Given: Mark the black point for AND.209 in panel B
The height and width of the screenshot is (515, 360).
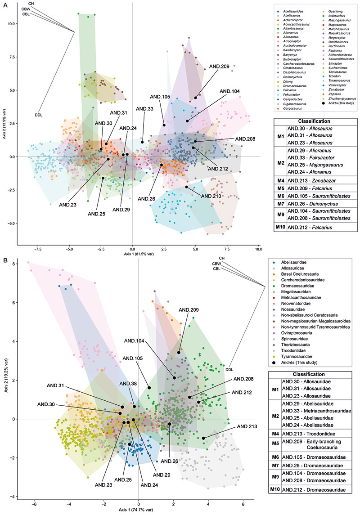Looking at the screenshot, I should pyautogui.click(x=179, y=352).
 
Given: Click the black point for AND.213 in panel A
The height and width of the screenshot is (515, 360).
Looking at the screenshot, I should pyautogui.click(x=186, y=187).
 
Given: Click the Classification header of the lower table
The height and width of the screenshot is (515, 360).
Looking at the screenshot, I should pyautogui.click(x=313, y=374).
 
